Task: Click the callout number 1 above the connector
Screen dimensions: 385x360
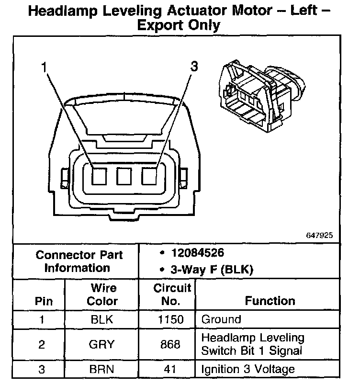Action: [44, 68]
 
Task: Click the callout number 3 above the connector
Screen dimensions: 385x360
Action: [193, 67]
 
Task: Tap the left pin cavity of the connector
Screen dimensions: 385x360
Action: [99, 178]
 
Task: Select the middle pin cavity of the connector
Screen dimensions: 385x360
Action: [124, 178]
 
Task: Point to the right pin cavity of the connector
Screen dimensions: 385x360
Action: [149, 178]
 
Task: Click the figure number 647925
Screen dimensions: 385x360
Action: [319, 236]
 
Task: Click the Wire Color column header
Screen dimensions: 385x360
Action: [103, 294]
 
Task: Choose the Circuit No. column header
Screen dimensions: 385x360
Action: [172, 294]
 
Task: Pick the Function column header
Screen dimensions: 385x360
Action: [270, 301]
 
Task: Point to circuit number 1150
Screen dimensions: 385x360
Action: [170, 319]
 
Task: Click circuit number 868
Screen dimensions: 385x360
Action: [170, 344]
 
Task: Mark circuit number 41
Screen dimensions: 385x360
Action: [170, 369]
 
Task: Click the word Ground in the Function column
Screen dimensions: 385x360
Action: [222, 319]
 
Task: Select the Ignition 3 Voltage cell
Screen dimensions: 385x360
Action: [248, 369]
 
